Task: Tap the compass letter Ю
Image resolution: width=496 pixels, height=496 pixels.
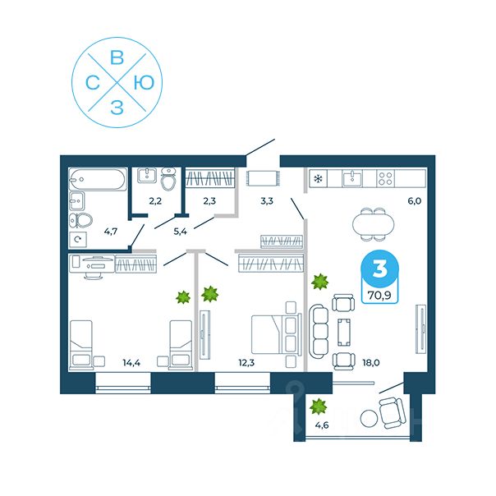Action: click(x=145, y=82)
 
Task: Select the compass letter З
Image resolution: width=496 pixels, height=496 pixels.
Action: click(x=117, y=108)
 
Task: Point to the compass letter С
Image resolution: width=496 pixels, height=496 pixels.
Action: click(x=93, y=82)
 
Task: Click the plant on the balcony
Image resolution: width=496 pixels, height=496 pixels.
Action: click(x=319, y=405)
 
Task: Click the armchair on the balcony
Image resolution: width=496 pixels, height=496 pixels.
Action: click(x=391, y=409)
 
